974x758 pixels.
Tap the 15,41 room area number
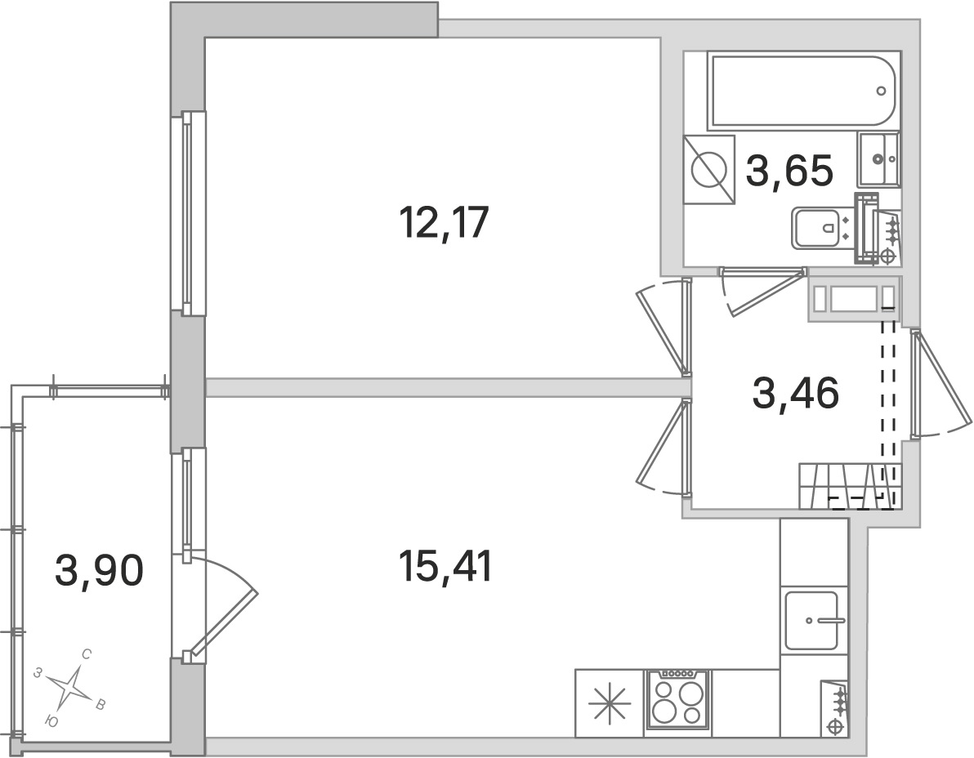(445, 565)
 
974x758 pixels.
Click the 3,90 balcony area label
(100, 569)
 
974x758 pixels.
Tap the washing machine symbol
(707, 170)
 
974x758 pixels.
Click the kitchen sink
(811, 621)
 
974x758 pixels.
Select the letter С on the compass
(87, 654)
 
